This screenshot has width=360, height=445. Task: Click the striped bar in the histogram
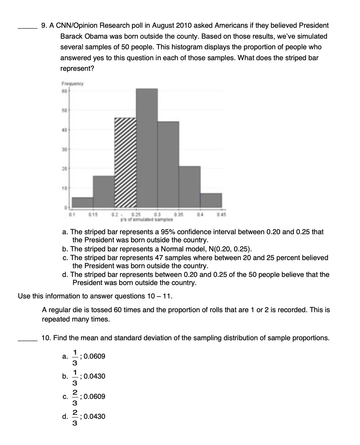(x=125, y=162)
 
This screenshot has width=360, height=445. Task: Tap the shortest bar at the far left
(x=83, y=202)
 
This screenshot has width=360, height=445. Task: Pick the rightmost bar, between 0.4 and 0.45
(x=211, y=200)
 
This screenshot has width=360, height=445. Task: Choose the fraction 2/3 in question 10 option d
(x=75, y=416)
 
